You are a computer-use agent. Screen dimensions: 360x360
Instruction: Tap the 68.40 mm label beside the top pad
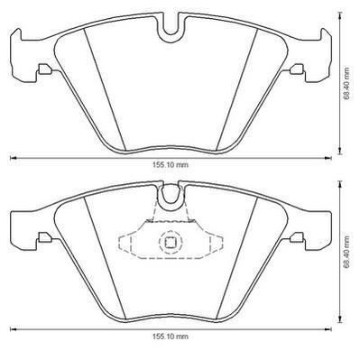347,83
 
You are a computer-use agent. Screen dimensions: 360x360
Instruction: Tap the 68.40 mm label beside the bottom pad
347,252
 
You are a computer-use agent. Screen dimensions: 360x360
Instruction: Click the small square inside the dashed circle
171,241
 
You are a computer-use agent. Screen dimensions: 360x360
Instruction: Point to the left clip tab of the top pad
44,69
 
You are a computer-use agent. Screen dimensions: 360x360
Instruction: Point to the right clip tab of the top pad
297,69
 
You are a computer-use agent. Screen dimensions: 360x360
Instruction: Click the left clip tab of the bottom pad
44,237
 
